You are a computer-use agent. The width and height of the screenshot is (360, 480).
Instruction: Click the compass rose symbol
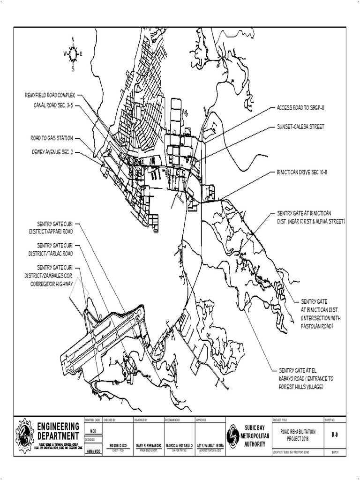pos(73,54)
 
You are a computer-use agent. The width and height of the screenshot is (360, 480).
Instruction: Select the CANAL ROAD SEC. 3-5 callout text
pos(53,105)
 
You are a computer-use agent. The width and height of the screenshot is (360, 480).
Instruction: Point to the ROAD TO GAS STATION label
pos(52,138)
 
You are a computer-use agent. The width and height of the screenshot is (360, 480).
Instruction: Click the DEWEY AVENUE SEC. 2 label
pos(52,152)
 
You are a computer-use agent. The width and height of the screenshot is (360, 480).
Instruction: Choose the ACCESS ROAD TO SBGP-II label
pos(300,108)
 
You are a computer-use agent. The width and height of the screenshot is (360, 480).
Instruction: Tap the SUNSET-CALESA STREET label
pos(300,127)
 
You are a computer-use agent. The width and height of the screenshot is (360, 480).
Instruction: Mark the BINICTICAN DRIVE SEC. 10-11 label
pos(301,172)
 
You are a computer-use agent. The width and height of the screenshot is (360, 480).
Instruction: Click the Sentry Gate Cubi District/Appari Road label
pos(55,227)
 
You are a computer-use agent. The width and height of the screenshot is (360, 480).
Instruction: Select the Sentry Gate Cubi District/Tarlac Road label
pos(55,249)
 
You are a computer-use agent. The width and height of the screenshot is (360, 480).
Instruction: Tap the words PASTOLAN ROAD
pos(317,325)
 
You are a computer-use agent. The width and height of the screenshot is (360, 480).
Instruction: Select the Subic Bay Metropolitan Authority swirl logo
pos(233,435)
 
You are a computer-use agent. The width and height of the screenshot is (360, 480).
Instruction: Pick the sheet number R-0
pos(335,435)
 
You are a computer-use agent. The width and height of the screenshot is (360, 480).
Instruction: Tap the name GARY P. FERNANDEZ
pos(149,444)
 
